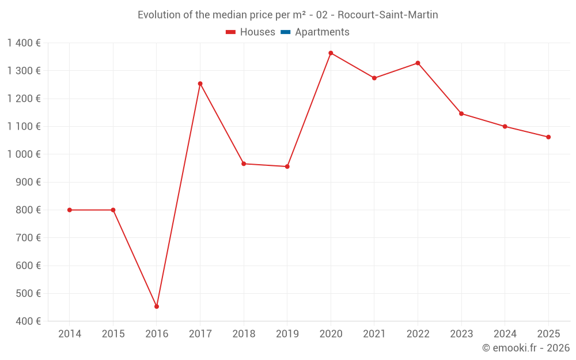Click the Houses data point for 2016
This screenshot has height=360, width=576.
click(157, 306)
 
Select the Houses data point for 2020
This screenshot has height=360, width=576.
click(331, 53)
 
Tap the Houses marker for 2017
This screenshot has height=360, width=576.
click(200, 84)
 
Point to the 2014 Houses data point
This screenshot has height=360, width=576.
click(70, 210)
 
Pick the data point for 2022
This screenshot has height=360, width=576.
click(418, 63)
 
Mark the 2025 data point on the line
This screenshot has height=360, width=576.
click(548, 137)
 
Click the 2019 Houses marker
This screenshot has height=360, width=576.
click(287, 166)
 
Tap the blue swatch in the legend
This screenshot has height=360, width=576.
click(285, 32)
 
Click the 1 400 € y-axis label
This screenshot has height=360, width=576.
click(24, 43)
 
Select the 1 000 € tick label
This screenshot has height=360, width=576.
click(24, 154)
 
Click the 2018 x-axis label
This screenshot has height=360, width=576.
click(244, 334)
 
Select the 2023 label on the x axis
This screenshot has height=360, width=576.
click(461, 334)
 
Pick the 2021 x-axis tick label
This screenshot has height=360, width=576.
click(374, 334)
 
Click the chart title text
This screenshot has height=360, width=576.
click(287, 15)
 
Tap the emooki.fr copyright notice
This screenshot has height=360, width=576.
click(525, 348)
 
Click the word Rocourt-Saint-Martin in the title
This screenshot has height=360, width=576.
click(388, 15)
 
